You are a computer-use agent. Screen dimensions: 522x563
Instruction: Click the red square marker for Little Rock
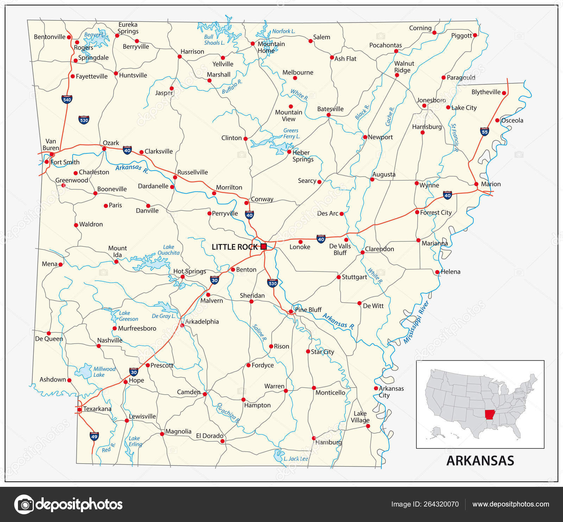[x=264, y=247]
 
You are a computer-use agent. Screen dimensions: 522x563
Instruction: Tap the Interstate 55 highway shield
[x=485, y=132]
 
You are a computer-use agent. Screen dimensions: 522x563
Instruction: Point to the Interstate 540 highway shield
[x=67, y=99]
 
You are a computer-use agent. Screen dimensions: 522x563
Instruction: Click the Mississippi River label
[x=416, y=322]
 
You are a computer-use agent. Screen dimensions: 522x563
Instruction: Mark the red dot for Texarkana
[x=80, y=409]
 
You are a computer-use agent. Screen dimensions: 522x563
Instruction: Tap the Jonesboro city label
[x=431, y=100]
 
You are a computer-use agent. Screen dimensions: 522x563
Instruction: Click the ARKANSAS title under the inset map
[x=480, y=461]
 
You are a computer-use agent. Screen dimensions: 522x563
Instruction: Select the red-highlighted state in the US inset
[x=489, y=415]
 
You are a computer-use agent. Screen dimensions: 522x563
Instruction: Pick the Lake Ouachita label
[x=169, y=250]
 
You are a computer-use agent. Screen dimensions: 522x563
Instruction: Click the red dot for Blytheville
[x=504, y=93]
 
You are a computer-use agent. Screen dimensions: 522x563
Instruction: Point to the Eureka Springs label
[x=128, y=28]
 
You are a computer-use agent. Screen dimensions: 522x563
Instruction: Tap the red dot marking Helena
[x=437, y=272]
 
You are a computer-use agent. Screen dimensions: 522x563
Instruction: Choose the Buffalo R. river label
[x=232, y=87]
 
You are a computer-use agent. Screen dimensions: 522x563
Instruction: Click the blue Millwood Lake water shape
[x=85, y=371]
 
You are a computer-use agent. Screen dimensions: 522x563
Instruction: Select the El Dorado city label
[x=209, y=436]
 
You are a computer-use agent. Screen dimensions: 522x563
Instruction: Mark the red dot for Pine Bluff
[x=291, y=312]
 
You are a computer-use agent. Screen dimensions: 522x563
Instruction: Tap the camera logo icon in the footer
[x=24, y=504]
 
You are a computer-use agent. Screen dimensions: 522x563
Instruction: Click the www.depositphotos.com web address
[x=511, y=504]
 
